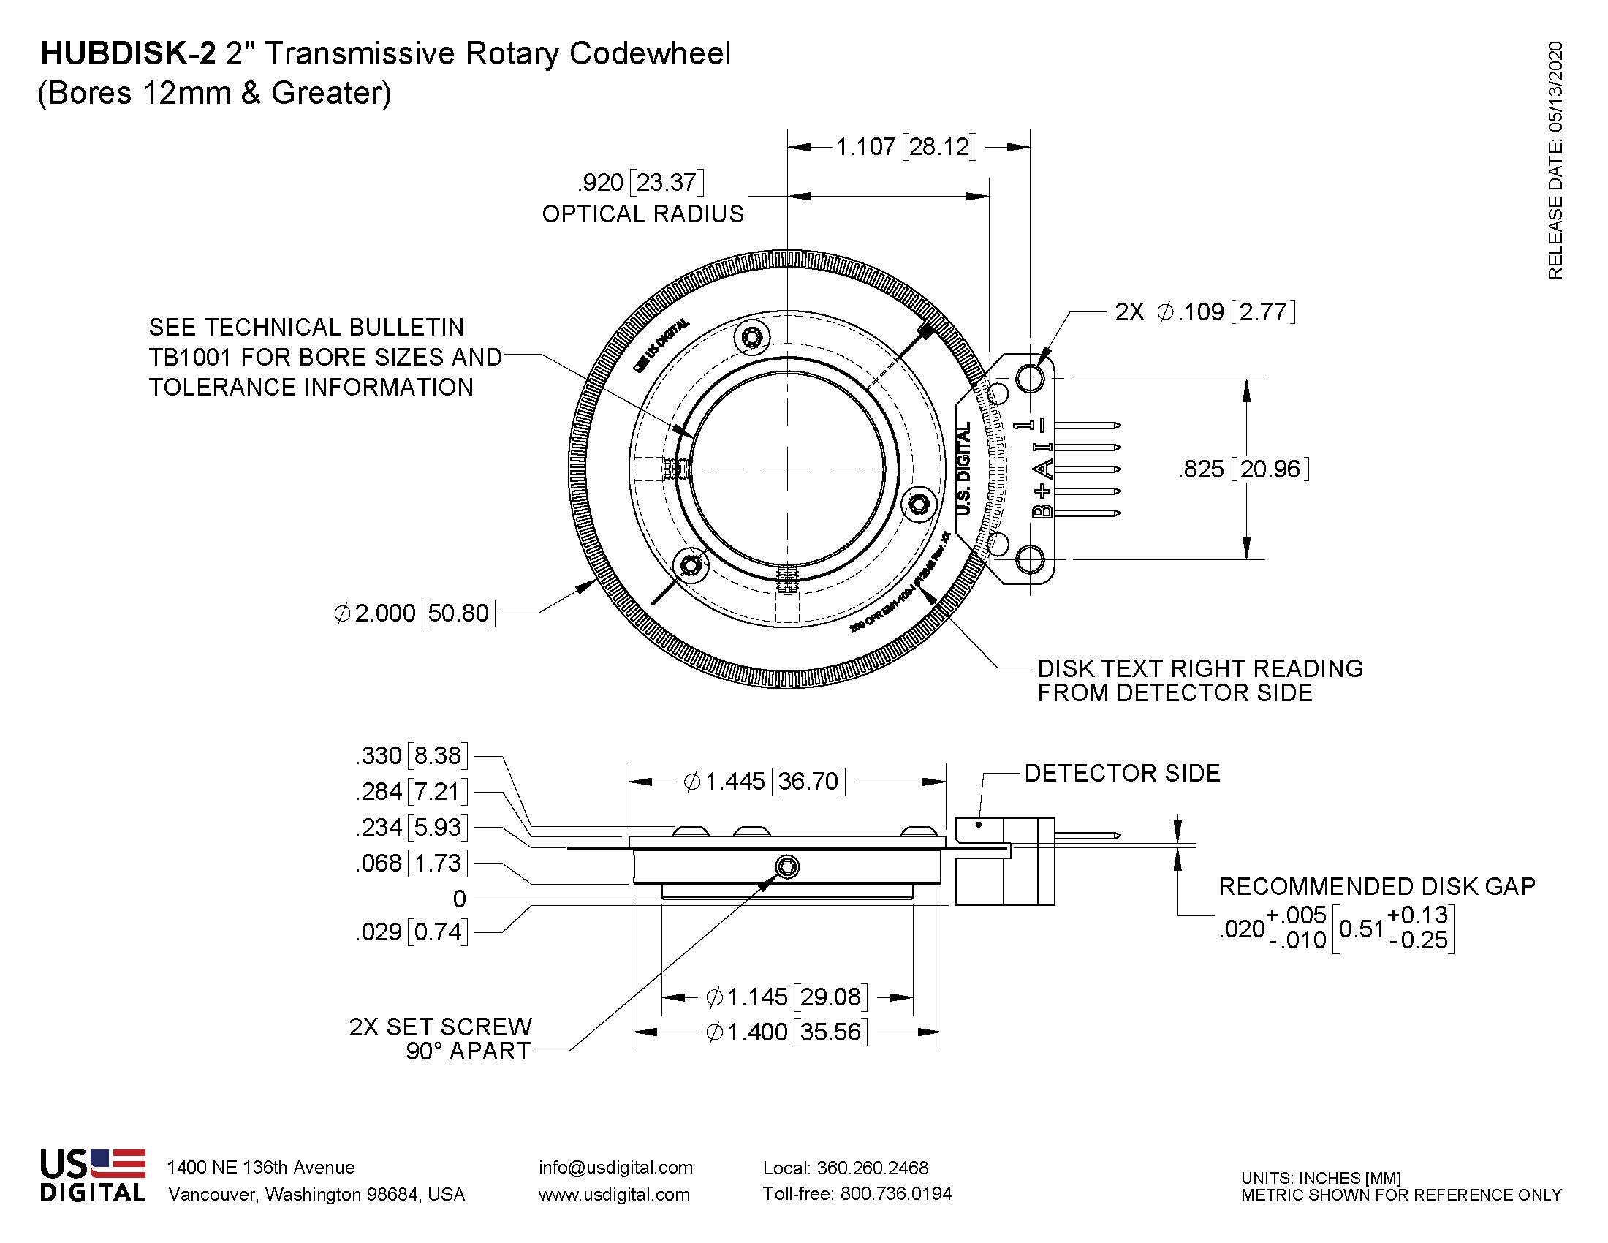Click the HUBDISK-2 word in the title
click(129, 54)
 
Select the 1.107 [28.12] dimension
click(906, 146)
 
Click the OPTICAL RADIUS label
click(642, 214)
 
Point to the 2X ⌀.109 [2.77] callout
click(1205, 311)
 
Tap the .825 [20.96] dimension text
click(1243, 469)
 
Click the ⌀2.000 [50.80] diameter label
click(414, 613)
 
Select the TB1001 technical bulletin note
click(325, 357)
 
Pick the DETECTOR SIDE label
click(1122, 773)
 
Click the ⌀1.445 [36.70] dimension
click(765, 782)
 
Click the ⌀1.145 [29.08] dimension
click(787, 997)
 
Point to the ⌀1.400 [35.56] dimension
click(787, 1032)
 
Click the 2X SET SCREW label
click(440, 1027)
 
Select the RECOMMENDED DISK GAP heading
click(1377, 887)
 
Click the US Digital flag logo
click(93, 1175)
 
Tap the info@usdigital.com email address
click(615, 1167)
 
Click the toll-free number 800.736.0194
click(895, 1194)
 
